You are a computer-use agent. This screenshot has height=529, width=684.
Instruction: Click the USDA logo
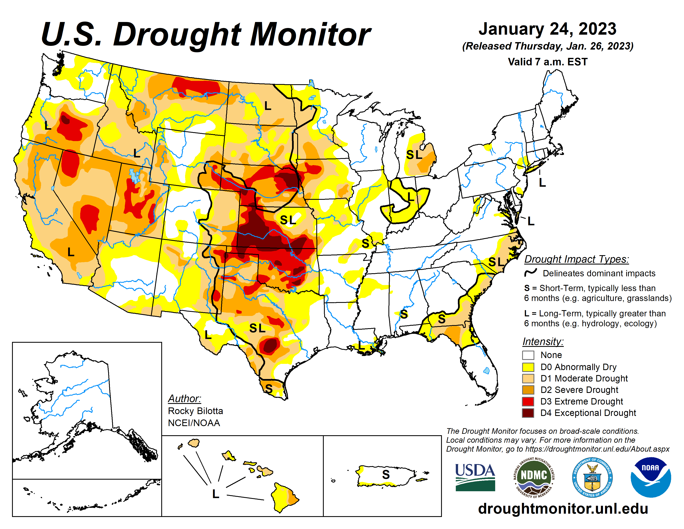(475, 477)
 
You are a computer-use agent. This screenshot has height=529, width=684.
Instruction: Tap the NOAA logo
(650, 477)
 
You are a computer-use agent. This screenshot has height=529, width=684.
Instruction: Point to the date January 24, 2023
(547, 29)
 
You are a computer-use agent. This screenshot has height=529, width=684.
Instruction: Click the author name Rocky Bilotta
(195, 411)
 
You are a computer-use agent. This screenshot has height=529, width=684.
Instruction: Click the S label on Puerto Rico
(386, 474)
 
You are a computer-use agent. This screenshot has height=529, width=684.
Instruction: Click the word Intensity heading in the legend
(543, 341)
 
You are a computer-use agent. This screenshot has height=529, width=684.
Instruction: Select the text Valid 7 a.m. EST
(547, 62)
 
